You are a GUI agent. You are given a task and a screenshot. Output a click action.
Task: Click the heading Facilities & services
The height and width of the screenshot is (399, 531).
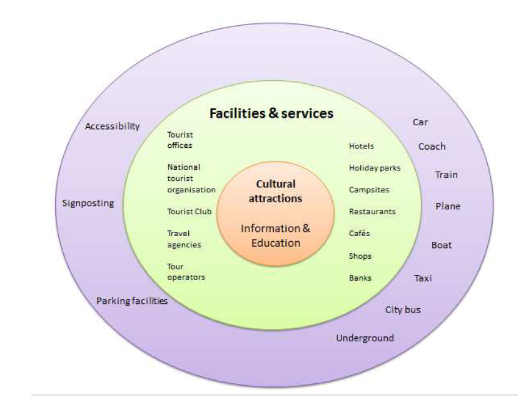(x=271, y=113)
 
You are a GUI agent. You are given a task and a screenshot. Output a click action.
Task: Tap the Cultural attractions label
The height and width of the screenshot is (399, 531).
(x=275, y=191)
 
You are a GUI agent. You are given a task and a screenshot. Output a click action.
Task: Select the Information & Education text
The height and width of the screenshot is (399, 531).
(x=275, y=236)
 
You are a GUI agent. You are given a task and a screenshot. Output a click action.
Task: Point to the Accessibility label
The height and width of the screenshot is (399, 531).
(x=113, y=126)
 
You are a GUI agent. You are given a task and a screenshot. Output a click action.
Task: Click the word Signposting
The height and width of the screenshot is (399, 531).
(x=88, y=203)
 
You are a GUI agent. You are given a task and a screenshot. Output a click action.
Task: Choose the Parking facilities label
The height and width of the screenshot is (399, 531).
(x=132, y=301)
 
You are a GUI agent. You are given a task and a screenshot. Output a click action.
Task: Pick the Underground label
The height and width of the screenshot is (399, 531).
(x=365, y=338)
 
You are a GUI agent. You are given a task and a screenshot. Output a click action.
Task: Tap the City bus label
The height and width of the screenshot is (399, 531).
(x=403, y=309)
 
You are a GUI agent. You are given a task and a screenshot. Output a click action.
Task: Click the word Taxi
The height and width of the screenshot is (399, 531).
(x=423, y=278)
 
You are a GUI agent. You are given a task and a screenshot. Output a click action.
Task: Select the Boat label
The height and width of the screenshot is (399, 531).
(x=442, y=246)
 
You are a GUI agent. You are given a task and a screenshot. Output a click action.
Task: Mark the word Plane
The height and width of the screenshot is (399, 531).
(x=448, y=206)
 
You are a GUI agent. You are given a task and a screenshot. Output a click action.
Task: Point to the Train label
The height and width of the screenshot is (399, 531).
(x=447, y=175)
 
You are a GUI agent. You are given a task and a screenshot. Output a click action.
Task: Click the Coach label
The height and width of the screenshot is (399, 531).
(x=432, y=147)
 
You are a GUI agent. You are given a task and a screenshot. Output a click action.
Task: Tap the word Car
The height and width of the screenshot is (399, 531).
(x=420, y=122)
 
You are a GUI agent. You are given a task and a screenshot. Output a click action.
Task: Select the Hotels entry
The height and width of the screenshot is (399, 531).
(x=362, y=146)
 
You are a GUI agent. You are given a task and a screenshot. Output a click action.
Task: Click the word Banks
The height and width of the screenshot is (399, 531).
(x=360, y=277)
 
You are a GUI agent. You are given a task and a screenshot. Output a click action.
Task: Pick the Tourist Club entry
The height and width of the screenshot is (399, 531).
(x=190, y=212)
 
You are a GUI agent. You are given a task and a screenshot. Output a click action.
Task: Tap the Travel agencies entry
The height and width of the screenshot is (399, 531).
(x=184, y=239)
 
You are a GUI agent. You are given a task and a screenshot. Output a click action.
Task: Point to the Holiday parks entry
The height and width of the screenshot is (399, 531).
(x=375, y=168)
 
